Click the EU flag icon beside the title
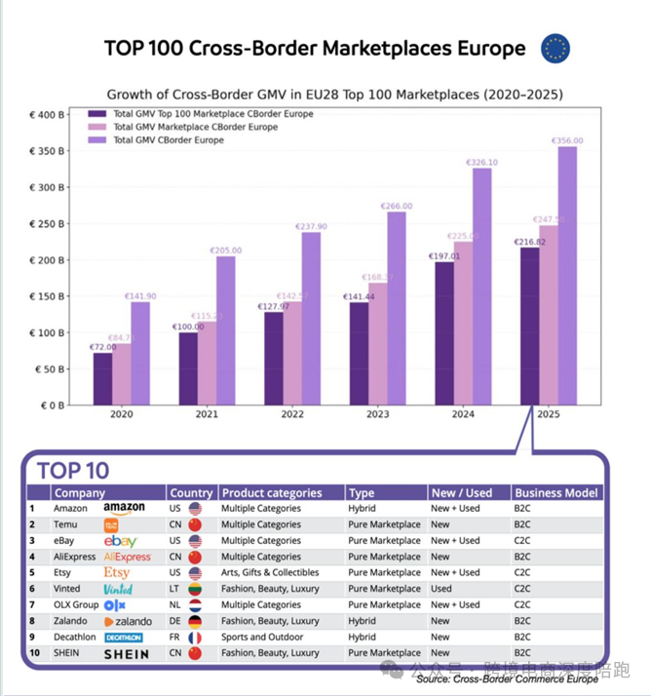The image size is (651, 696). point(555,49)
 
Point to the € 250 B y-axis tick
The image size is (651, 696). point(47,224)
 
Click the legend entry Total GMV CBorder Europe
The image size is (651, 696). point(168,140)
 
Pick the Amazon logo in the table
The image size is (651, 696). point(124,508)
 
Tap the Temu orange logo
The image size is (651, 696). point(111,524)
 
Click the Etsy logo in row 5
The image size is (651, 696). point(116,572)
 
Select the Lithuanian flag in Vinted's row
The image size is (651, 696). point(195,589)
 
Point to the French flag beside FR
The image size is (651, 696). point(195,638)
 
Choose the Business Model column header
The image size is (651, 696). point(556,492)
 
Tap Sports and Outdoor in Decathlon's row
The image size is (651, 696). point(260,638)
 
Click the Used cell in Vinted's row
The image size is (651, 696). point(441,589)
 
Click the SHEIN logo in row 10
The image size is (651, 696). point(127,654)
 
